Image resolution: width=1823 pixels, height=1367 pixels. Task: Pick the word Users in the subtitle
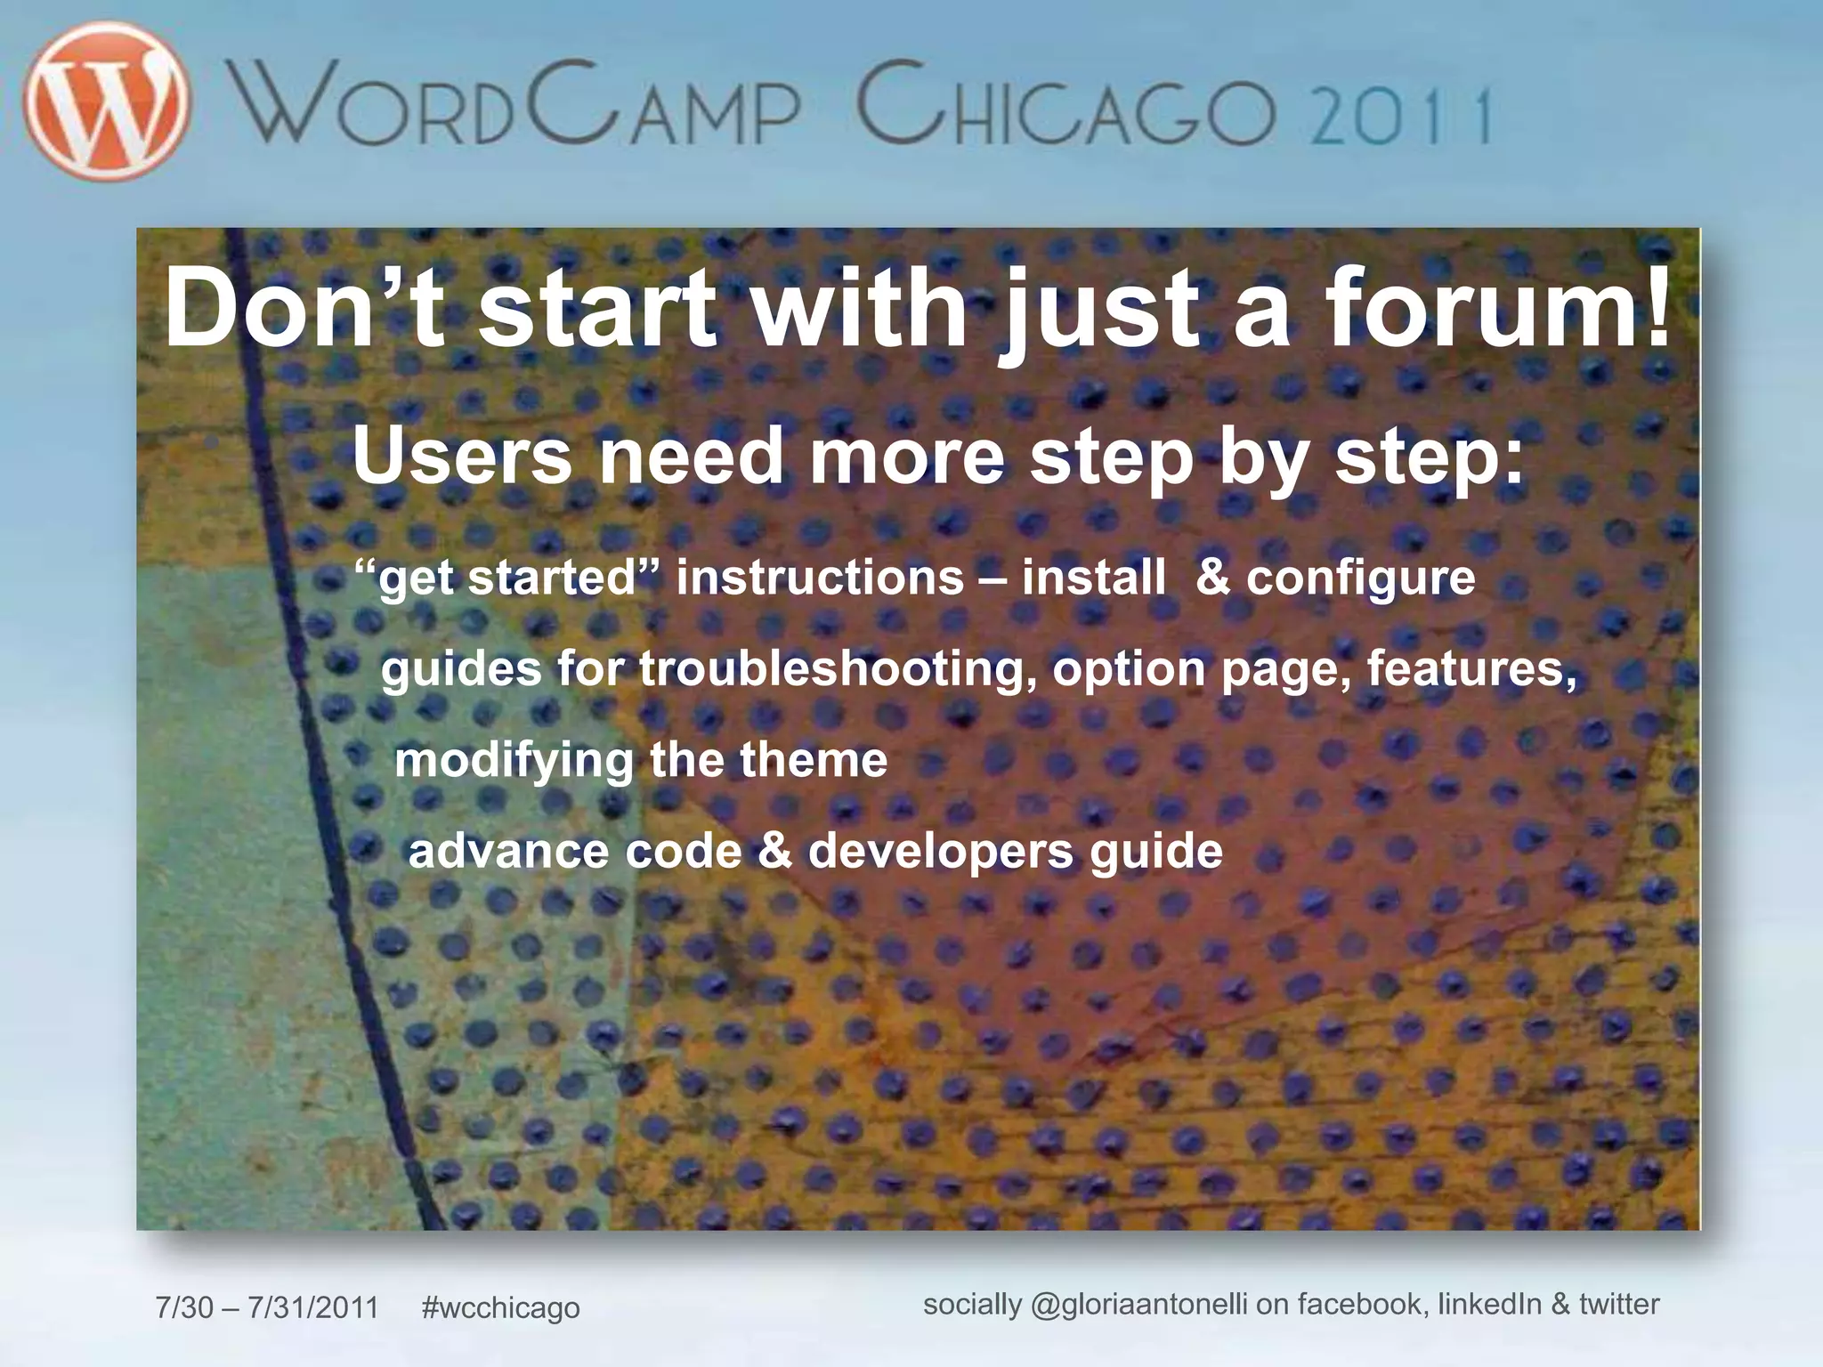[462, 456]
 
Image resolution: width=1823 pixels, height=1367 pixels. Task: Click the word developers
[940, 852]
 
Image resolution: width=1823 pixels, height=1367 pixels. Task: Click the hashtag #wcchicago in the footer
[500, 1307]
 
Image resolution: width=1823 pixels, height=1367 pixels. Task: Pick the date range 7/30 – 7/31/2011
[267, 1307]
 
